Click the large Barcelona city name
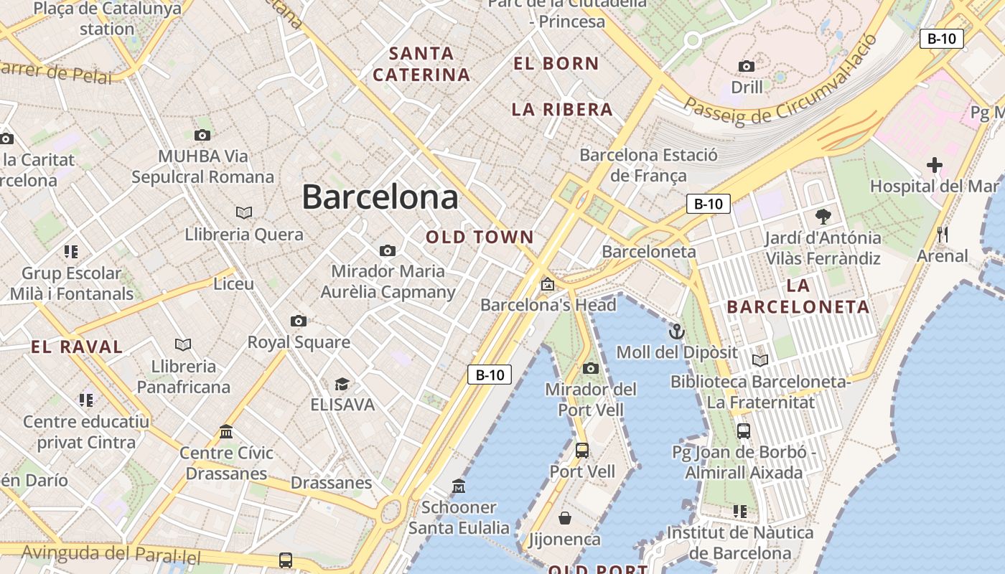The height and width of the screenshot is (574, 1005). point(380,197)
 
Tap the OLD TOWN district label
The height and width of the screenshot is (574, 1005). point(480,237)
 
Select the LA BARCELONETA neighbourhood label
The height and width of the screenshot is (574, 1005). point(798,296)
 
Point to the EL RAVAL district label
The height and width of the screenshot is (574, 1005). point(77,347)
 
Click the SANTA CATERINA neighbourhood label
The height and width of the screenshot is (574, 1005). point(422,64)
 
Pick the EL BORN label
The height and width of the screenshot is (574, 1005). point(556,63)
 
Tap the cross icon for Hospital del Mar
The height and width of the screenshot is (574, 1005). point(934,166)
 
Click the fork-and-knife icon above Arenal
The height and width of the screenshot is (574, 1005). point(943,235)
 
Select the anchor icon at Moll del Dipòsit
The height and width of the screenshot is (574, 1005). point(676,331)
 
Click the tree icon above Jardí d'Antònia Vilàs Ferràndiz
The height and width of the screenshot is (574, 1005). point(823,216)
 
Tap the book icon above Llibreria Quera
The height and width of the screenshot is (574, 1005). point(244,212)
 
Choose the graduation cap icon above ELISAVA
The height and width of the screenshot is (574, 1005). point(342,384)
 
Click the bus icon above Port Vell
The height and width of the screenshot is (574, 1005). point(582,451)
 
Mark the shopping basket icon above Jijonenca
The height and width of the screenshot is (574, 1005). point(565,518)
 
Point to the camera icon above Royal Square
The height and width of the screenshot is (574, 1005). point(299,321)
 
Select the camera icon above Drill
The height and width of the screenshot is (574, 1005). point(747,67)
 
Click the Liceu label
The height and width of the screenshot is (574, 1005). point(233,283)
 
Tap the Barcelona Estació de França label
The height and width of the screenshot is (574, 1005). point(648,165)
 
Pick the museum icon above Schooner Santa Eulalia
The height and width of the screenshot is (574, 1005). point(459,486)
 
